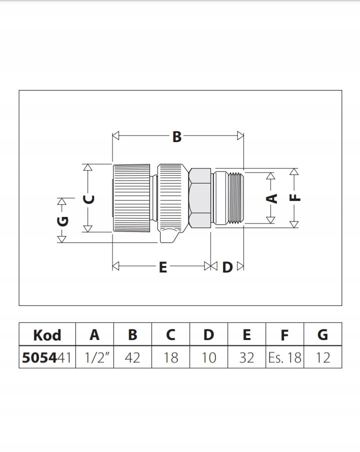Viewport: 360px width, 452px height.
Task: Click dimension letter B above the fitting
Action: tap(177, 136)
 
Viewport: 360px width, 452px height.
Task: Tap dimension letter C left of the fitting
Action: tap(88, 198)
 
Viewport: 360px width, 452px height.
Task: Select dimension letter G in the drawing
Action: tap(62, 220)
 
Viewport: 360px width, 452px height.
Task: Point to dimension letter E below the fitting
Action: tap(162, 267)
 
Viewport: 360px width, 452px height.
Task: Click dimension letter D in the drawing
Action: tap(227, 267)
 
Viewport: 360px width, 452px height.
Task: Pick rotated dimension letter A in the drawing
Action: tap(271, 198)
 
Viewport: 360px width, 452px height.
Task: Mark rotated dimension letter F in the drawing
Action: tap(295, 197)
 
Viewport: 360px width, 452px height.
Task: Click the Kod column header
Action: tap(47, 334)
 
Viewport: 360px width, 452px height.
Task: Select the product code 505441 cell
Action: tap(47, 357)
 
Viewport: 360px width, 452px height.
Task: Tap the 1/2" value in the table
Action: tap(94, 357)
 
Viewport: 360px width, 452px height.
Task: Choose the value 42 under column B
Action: tap(132, 357)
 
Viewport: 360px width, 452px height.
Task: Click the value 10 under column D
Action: tap(208, 357)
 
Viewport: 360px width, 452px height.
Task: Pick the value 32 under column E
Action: tap(246, 357)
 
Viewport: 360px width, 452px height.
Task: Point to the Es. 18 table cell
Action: tap(284, 357)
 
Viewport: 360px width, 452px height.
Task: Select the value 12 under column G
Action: tap(322, 357)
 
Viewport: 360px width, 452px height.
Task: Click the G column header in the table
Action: tap(322, 334)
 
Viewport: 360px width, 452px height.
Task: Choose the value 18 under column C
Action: tap(170, 357)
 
